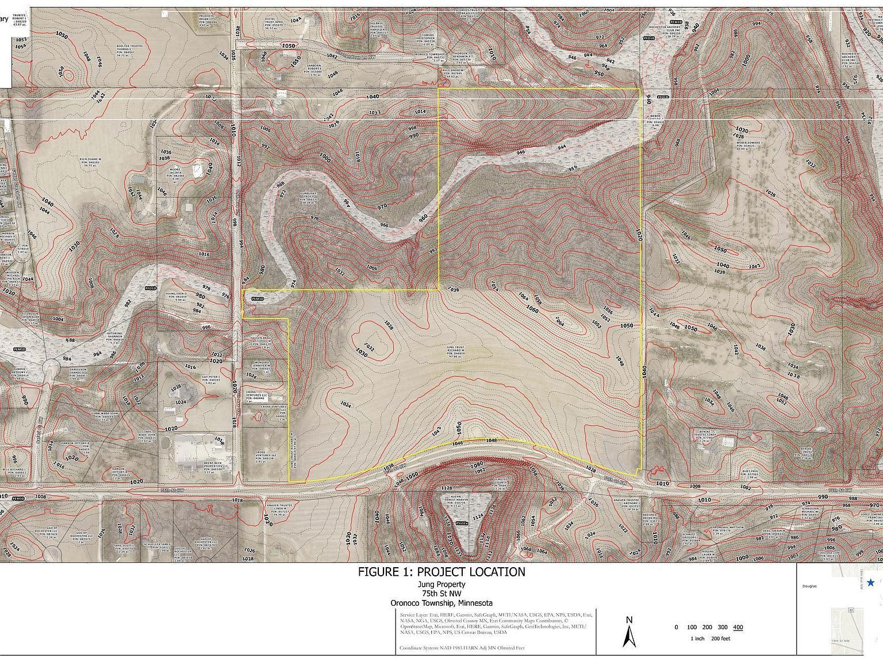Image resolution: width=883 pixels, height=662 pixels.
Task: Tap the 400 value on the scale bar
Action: coord(738,627)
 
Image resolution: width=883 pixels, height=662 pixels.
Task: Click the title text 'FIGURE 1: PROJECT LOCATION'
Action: coord(441,572)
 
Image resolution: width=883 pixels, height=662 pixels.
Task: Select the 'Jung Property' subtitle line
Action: coord(441,584)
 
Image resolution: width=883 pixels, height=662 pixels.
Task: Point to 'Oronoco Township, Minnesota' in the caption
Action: coord(441,603)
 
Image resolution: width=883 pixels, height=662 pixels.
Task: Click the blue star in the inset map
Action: coord(870,583)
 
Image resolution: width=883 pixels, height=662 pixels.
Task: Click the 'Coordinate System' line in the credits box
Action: coord(462,648)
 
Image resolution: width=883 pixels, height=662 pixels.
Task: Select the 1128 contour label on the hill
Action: coord(446,488)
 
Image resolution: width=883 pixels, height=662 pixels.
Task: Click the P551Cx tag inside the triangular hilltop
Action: coord(460,524)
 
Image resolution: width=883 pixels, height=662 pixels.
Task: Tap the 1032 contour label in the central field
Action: coord(369,348)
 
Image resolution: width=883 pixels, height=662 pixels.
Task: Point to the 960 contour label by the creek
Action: coord(424,218)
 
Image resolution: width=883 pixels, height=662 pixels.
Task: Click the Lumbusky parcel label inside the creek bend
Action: coord(310,198)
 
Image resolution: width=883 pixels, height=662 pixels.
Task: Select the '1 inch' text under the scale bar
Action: coord(697,638)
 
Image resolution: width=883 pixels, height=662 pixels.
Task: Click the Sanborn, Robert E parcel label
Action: coord(320,70)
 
